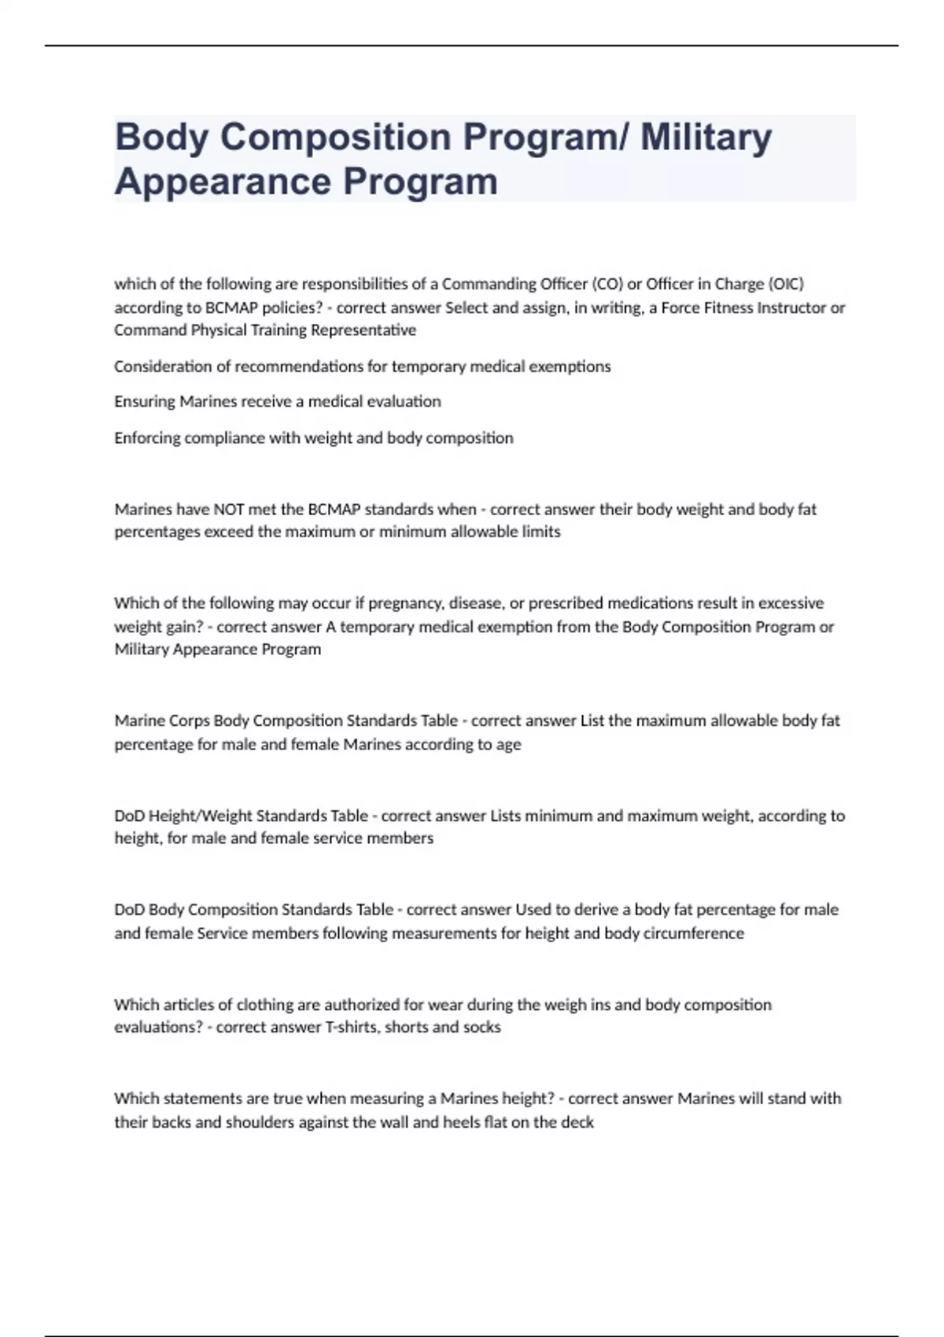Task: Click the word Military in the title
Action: (x=706, y=137)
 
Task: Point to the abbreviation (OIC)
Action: (x=784, y=284)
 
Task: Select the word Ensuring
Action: (x=145, y=402)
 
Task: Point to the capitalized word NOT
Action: (x=229, y=510)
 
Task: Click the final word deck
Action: (x=578, y=1122)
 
